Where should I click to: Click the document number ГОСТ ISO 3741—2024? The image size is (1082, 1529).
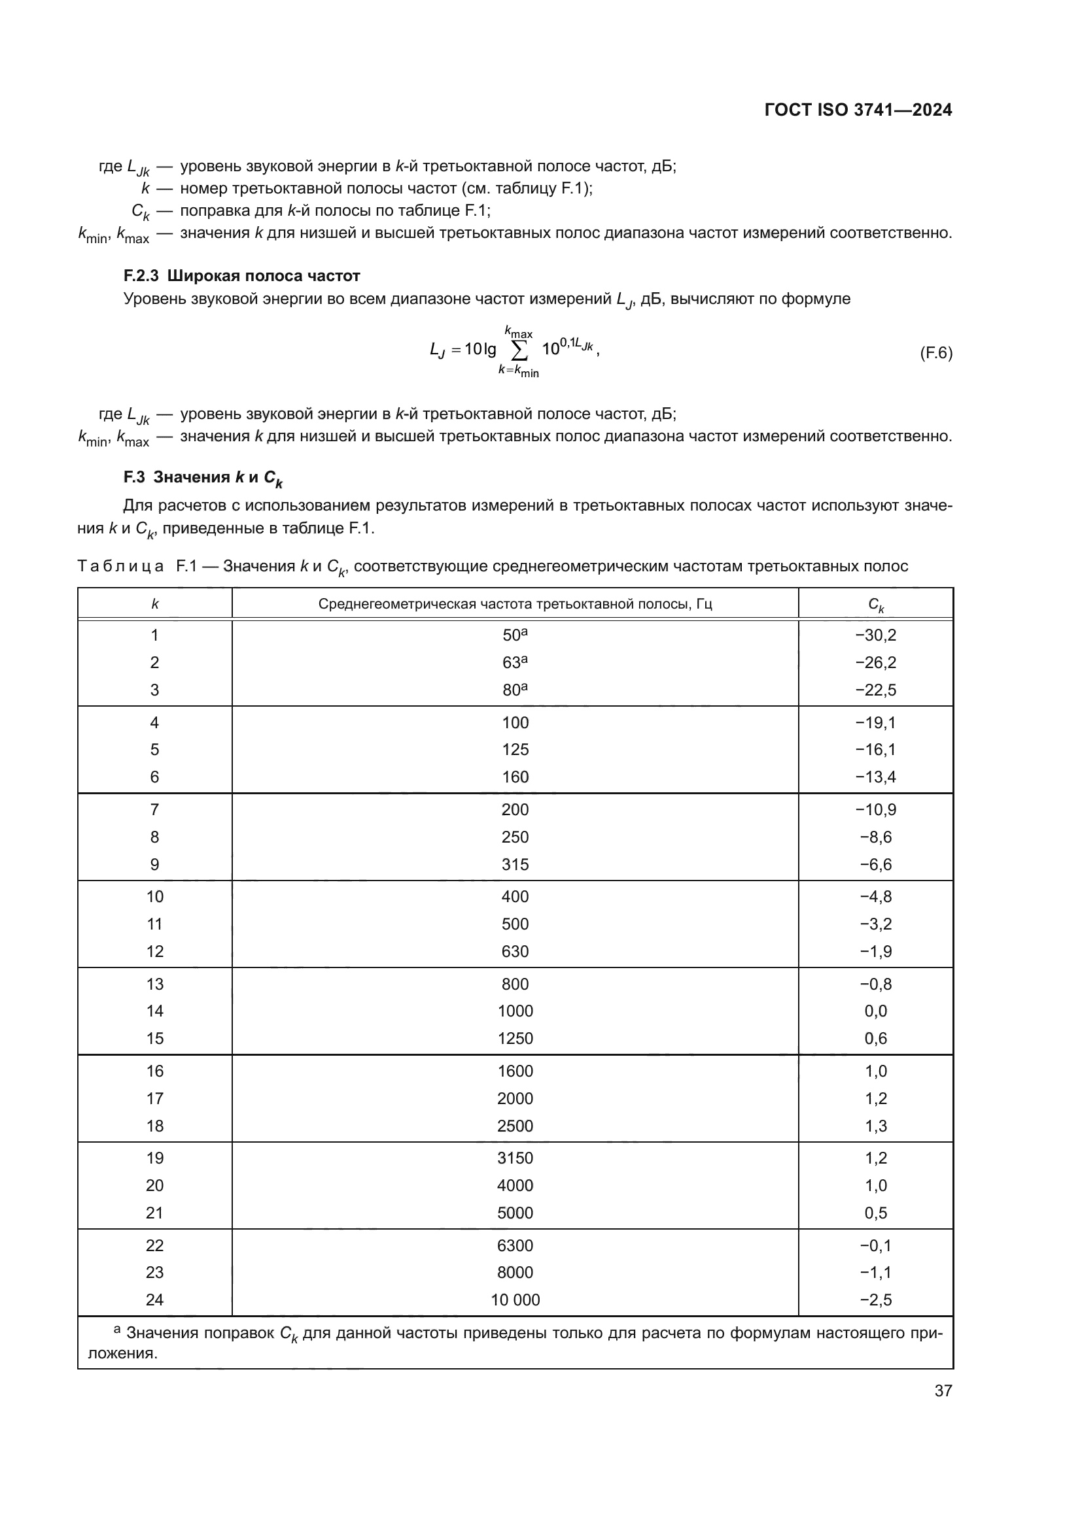(x=858, y=110)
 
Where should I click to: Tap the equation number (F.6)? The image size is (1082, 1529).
(x=935, y=353)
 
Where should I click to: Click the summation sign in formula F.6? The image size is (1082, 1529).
(x=519, y=350)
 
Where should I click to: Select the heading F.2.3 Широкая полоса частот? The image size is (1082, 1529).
(x=242, y=276)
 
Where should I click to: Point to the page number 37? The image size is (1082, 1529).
(x=943, y=1390)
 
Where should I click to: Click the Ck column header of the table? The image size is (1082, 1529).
(x=875, y=605)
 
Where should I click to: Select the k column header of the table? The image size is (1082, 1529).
(x=154, y=604)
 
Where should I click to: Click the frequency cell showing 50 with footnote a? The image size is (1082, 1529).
(x=514, y=635)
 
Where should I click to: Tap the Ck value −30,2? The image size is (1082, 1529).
(x=875, y=635)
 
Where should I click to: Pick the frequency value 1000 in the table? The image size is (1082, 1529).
(x=515, y=1011)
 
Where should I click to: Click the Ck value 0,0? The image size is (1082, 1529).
(x=875, y=1011)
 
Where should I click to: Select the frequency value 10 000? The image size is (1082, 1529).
(x=515, y=1300)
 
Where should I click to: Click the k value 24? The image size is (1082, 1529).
(x=154, y=1300)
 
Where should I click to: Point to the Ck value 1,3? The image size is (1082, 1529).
(x=875, y=1126)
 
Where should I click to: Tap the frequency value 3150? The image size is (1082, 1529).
(x=515, y=1158)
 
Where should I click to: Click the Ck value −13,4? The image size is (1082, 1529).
(x=875, y=777)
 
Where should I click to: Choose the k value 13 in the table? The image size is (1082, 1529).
(x=154, y=984)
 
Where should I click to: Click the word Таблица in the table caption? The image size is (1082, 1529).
(x=120, y=567)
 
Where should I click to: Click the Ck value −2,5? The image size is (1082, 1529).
(x=875, y=1300)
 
